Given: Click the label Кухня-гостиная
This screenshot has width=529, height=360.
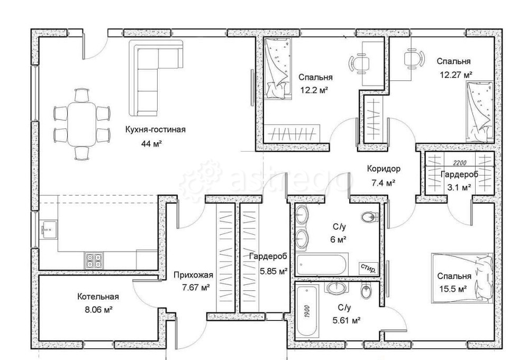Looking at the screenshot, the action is point(155,130).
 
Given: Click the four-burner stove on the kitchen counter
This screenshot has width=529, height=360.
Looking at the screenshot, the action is point(94,260).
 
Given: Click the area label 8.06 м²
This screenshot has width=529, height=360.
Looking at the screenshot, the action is point(98,309).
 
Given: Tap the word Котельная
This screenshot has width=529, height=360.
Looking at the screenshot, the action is point(98,297).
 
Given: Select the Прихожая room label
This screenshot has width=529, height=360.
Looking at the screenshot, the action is point(193,275).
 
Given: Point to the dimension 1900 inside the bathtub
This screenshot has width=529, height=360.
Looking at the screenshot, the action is point(307,310).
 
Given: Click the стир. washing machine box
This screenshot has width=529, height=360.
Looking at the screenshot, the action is point(368,268).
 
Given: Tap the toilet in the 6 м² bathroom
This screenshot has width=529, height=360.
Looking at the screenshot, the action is point(369,216).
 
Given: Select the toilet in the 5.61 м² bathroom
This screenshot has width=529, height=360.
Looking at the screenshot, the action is point(366,291).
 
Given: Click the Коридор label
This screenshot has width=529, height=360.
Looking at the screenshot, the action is point(384,169).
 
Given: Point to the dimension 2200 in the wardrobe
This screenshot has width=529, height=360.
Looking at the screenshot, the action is point(460,163).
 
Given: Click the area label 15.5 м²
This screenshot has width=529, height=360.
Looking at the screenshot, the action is point(453,289).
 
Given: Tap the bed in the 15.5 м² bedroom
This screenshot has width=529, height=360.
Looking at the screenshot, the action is point(462,276).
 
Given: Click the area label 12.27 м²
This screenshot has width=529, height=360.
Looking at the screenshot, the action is point(455,75).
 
